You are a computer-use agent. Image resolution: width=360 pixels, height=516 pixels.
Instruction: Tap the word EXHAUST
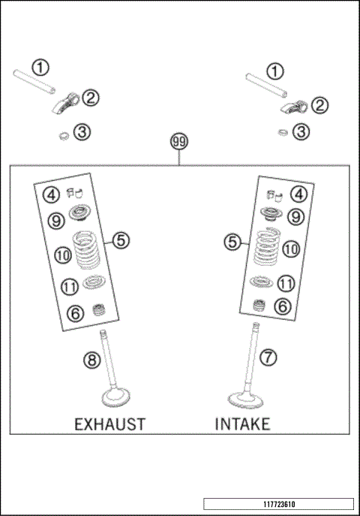point(109,424)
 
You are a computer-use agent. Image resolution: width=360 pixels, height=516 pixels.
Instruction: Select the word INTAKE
point(242,424)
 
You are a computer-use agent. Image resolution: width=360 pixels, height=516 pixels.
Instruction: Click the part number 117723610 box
point(277,504)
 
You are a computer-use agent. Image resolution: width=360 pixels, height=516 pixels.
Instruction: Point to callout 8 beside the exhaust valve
point(91,361)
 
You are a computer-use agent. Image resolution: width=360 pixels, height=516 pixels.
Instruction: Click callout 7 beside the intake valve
point(267,357)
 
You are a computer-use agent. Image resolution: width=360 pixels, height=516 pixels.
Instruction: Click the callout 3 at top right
point(301,132)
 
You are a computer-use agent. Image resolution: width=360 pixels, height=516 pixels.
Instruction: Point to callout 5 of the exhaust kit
point(121,240)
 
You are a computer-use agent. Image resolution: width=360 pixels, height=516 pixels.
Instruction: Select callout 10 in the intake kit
point(291,249)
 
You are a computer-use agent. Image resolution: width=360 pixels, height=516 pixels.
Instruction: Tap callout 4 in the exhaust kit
point(51,195)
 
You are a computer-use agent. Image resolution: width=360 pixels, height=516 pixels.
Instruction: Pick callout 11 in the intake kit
point(286,284)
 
